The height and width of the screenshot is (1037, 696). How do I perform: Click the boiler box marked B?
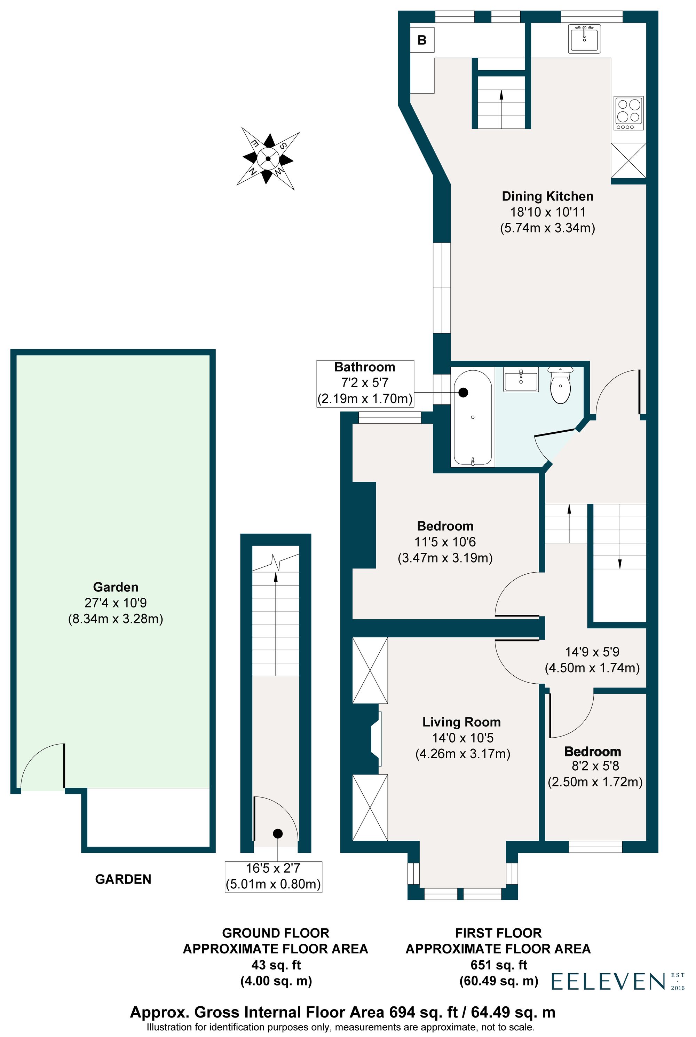pos(422,40)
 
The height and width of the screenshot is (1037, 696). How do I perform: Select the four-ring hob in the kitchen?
pos(628,113)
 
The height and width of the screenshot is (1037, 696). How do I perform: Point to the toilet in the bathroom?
pos(560,386)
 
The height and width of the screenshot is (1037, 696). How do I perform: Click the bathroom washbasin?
pos(521,380)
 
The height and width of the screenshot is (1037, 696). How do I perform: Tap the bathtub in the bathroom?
pos(472,418)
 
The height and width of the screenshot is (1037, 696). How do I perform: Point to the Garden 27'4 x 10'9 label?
pos(116,603)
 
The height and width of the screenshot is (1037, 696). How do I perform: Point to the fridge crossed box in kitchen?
pos(628,160)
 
